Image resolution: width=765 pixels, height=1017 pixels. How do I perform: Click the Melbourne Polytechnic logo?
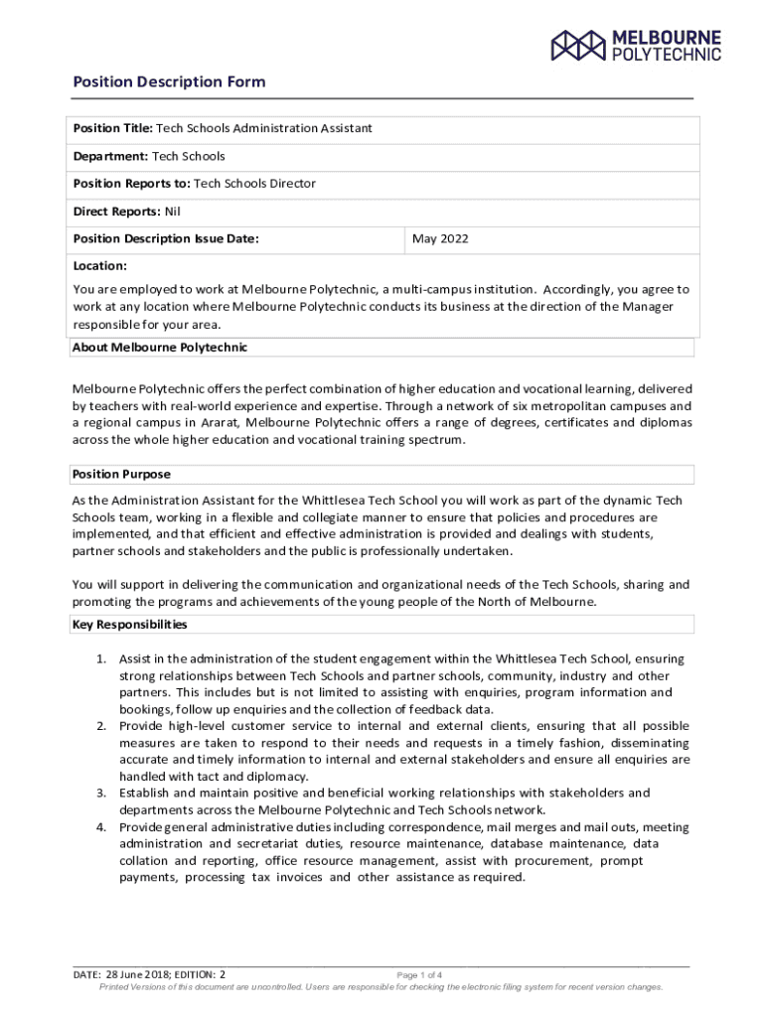[x=636, y=45]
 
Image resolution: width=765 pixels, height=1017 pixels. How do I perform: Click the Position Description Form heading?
[x=169, y=82]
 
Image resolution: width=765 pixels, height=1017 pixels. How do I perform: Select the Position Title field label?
[x=112, y=128]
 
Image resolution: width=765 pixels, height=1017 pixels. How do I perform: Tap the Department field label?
[x=110, y=156]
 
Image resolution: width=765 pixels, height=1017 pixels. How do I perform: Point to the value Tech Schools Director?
[x=254, y=184]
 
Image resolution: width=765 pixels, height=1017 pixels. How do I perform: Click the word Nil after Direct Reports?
[x=172, y=212]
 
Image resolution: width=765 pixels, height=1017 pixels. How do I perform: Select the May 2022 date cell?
[x=440, y=239]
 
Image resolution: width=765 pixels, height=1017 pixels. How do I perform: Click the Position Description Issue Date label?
[x=166, y=239]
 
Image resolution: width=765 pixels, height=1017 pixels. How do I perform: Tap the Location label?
[x=100, y=266]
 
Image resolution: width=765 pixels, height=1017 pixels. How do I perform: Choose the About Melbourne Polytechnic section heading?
[x=159, y=348]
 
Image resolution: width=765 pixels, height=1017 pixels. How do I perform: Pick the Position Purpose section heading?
[x=121, y=475]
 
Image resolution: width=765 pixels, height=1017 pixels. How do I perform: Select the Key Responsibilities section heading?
[x=129, y=625]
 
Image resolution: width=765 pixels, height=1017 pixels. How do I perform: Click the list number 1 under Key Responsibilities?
[x=100, y=658]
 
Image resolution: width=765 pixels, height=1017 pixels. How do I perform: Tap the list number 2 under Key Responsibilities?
[x=100, y=726]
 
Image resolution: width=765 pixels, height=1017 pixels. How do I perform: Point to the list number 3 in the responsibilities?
[x=100, y=793]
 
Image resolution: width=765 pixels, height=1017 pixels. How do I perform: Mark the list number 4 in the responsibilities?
[x=100, y=827]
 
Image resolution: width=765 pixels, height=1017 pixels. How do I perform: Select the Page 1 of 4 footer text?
[x=419, y=975]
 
